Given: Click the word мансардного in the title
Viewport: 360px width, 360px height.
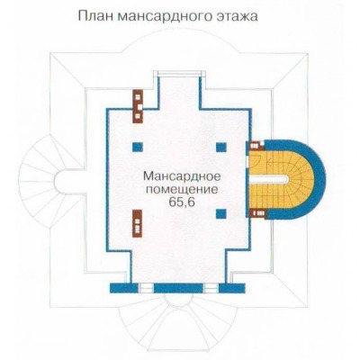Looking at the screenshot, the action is pyautogui.click(x=161, y=17).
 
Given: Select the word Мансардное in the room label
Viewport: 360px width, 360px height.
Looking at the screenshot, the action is pyautogui.click(x=182, y=175).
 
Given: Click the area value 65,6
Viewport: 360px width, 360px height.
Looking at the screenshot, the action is pyautogui.click(x=182, y=202).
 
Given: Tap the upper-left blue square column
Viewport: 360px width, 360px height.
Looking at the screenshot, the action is pyautogui.click(x=137, y=147).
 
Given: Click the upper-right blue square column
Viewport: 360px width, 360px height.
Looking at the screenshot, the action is pyautogui.click(x=220, y=147).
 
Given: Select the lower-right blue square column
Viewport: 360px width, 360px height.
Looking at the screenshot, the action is pyautogui.click(x=220, y=213).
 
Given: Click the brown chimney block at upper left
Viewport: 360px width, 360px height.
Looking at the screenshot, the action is pyautogui.click(x=138, y=106).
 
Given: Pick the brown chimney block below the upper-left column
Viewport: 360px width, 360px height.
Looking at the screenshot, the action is pyautogui.click(x=137, y=223).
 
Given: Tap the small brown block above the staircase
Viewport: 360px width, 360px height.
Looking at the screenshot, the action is pyautogui.click(x=255, y=146).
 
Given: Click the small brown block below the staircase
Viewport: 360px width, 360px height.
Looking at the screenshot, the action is pyautogui.click(x=257, y=213).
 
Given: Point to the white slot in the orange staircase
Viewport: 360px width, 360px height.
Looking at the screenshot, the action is pyautogui.click(x=269, y=179).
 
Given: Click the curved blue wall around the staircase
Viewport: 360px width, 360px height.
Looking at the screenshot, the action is pyautogui.click(x=319, y=179).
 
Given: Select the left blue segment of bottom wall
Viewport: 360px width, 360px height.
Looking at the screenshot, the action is pyautogui.click(x=124, y=288).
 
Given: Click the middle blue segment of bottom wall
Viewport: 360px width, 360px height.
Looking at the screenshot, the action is pyautogui.click(x=179, y=288).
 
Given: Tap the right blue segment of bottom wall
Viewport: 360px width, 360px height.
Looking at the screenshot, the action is pyautogui.click(x=232, y=288).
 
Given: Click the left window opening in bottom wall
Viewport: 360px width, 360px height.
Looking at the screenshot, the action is pyautogui.click(x=147, y=288).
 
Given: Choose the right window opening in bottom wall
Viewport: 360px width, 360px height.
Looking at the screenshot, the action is pyautogui.click(x=211, y=288).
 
